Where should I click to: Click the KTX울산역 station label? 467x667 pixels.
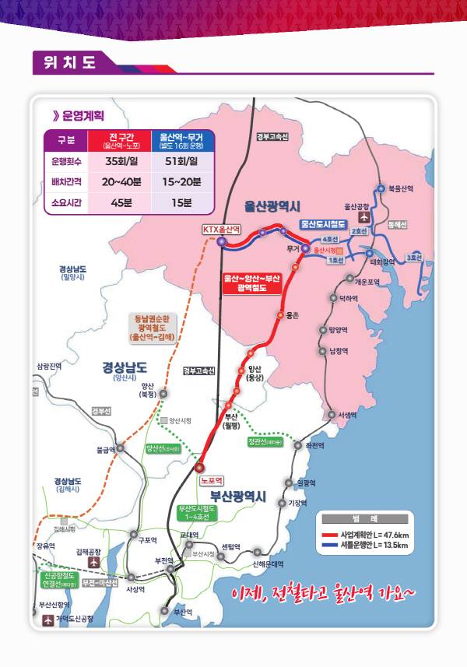click(222, 229)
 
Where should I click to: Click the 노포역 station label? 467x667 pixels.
click(211, 480)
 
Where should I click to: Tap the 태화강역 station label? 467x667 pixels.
click(383, 262)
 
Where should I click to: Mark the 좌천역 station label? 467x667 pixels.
click(314, 445)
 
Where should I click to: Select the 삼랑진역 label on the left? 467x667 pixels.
click(48, 365)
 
